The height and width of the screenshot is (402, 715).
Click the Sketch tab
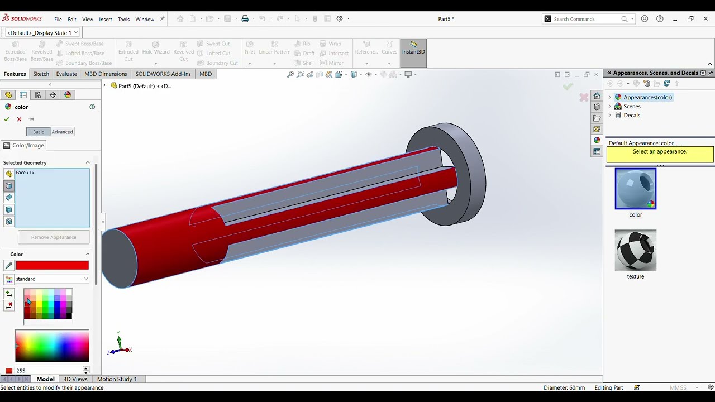coord(41,74)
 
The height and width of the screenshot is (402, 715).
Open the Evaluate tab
coord(66,74)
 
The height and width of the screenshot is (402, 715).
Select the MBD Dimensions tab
coord(106,74)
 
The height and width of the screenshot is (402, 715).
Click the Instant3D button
coord(413,48)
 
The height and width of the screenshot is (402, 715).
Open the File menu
coord(58,20)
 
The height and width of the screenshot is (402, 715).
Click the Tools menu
coord(123,20)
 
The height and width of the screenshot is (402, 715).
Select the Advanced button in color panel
coord(62,132)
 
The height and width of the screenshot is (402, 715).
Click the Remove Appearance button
coord(54,237)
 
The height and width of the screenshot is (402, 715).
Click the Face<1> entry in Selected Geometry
coord(26,173)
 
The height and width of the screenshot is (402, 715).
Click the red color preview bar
coord(52,266)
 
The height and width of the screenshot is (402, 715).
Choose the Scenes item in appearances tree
coord(632,106)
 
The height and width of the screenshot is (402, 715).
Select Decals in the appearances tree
coord(632,115)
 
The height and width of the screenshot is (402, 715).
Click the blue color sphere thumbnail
coord(635,189)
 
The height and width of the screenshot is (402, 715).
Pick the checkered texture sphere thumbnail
coord(635,250)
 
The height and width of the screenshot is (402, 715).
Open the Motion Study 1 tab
coord(117,379)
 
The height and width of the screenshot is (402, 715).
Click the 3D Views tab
coord(75,379)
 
